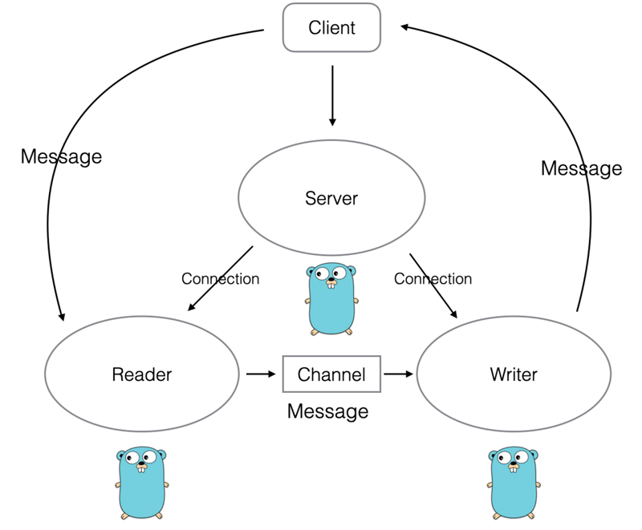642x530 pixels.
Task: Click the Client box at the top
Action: pos(331,28)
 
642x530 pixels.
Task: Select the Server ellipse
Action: pos(331,198)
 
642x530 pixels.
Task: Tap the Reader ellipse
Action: pos(142,374)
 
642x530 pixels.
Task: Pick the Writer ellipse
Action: pos(514,374)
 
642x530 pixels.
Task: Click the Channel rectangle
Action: pos(331,374)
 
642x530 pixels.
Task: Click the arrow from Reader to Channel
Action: pos(260,374)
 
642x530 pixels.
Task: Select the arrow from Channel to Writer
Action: pos(398,374)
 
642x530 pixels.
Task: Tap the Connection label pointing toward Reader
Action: pos(220,279)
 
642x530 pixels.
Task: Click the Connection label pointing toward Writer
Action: pos(433,279)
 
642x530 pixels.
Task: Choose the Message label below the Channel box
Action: pos(327,411)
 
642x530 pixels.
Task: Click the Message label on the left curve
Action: pos(61,156)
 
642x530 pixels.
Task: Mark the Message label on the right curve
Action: pos(581,168)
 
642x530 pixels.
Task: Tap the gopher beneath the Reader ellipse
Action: pos(141,483)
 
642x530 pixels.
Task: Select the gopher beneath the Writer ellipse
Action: pos(514,483)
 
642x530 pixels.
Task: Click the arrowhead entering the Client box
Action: pos(406,27)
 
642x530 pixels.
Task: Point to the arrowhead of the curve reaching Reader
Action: pos(60,316)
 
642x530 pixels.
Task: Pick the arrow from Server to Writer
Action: pos(433,285)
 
